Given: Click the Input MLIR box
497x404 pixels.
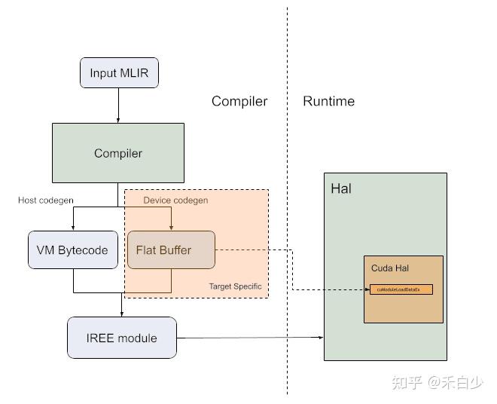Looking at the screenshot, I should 119,73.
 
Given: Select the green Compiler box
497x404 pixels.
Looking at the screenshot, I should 117,153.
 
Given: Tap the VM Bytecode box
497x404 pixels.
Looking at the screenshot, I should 73,250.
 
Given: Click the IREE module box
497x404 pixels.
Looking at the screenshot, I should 121,338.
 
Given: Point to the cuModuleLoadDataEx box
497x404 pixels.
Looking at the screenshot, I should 401,289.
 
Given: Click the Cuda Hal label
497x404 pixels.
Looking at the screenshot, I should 389,268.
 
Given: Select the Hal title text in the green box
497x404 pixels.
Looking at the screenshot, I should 340,188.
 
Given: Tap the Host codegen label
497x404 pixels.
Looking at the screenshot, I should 44,200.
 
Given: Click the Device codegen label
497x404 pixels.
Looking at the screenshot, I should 175,200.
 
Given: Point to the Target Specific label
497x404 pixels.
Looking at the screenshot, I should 235,286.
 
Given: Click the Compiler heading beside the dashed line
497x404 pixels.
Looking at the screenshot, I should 239,101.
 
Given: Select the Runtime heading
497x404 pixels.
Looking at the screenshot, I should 328,101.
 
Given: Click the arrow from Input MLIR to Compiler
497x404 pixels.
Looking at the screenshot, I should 119,105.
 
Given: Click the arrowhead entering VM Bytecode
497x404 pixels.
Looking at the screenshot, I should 73,227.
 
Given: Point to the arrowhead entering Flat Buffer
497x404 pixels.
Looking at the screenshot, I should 171,227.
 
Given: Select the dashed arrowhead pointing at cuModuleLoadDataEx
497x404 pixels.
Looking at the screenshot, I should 365,289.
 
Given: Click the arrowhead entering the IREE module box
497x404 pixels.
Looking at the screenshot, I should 121,313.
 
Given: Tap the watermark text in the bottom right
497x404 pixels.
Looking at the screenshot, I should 437,383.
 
